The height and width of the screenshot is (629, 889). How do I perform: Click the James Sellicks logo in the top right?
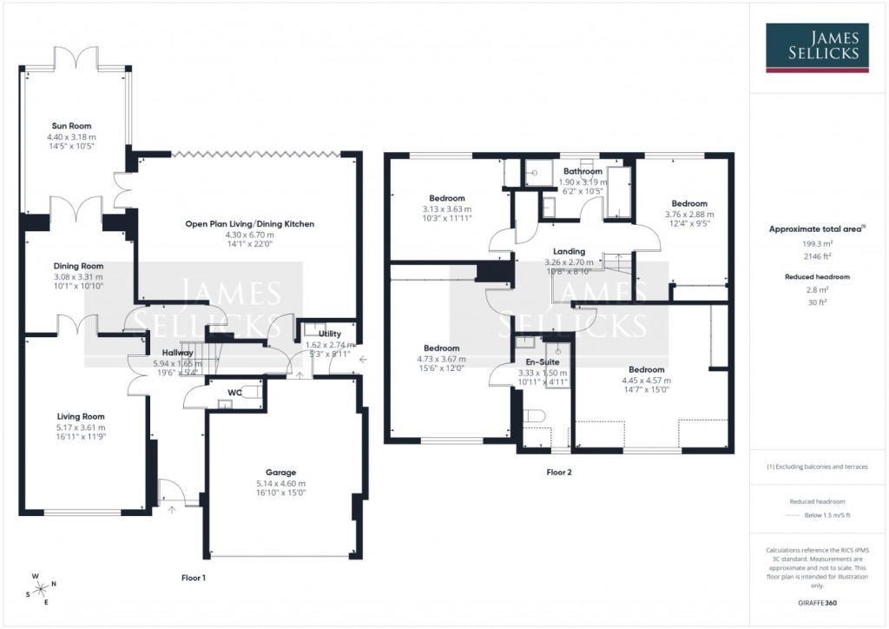818,48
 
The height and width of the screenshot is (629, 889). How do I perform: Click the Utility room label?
330,334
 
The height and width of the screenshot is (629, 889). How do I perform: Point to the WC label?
234,392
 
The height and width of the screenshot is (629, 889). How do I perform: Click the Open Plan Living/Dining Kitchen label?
249,224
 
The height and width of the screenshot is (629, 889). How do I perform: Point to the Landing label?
569,252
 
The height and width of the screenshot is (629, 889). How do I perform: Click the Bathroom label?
582,172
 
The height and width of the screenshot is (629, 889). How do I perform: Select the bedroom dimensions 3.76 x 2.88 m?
691,214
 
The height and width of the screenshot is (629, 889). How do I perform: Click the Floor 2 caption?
558,473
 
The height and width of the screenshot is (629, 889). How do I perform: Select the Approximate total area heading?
816,229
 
